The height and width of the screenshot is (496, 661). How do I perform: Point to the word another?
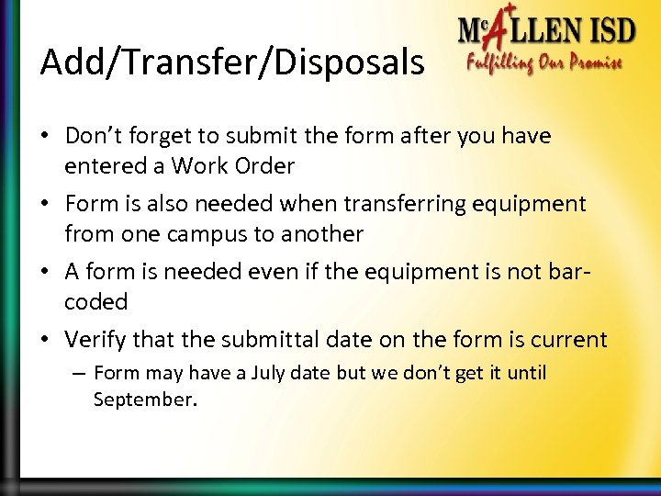click(319, 233)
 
